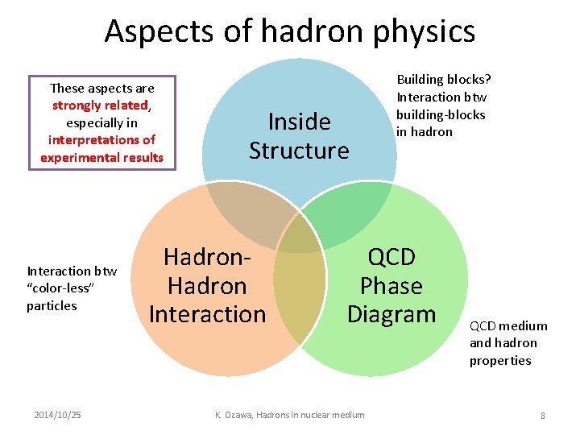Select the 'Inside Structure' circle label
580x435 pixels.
pos(299,136)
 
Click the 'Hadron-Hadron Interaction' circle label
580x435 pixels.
pos(207,286)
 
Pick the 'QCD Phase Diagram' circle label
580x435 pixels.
pos(391,286)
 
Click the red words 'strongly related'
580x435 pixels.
pos(100,106)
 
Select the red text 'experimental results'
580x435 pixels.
pos(102,157)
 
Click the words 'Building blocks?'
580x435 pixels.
pos(444,79)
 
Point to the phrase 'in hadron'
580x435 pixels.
pos(425,131)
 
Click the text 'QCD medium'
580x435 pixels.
pos(508,325)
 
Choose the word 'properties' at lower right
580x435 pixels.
pos(500,360)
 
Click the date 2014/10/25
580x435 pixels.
pos(57,415)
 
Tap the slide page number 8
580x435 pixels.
pos(543,416)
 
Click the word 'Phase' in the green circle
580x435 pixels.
pos(391,286)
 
